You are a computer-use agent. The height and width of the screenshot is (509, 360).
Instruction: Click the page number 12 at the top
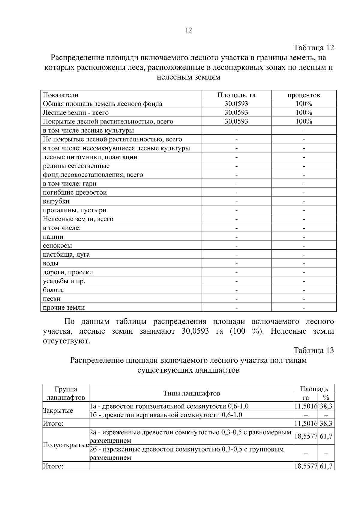point(189,30)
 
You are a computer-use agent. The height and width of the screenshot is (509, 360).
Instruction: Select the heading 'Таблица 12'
point(313,48)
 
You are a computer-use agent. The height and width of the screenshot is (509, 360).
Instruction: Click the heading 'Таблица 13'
point(313,350)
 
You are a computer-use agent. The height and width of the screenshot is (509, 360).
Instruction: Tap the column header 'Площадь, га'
point(236,95)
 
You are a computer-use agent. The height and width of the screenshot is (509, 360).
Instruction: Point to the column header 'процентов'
point(304,95)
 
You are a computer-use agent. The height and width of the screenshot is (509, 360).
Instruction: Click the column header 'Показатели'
point(61,95)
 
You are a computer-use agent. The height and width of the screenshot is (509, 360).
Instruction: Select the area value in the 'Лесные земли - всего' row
point(236,113)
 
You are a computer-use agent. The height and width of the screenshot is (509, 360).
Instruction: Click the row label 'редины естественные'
point(76,166)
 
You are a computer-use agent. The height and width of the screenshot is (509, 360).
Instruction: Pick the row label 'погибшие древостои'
point(75,192)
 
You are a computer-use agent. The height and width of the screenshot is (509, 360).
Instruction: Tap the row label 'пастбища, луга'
point(66,255)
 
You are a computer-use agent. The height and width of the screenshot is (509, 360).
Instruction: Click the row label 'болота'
point(53,290)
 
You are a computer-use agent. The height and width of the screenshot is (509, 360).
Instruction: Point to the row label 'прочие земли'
point(64,308)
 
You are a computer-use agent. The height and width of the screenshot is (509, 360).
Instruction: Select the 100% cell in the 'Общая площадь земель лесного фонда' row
point(304,104)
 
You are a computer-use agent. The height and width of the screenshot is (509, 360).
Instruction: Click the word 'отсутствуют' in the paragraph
point(66,341)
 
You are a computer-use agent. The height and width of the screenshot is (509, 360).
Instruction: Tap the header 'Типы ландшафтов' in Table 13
point(191,393)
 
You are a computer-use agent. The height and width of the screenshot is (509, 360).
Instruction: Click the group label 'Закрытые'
point(58,411)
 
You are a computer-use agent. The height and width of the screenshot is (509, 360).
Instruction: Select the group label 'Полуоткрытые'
point(66,445)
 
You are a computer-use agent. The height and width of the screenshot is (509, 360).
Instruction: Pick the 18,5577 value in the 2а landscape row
point(306,436)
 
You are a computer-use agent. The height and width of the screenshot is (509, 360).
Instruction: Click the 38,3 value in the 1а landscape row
point(326,406)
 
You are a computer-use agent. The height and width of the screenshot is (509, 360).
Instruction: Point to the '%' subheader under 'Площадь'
point(326,398)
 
